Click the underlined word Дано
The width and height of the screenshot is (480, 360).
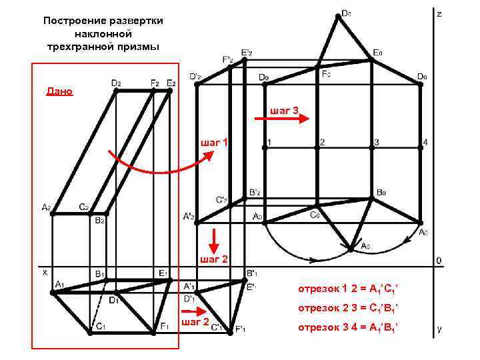coord(59,91)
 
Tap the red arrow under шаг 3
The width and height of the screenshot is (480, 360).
coord(303,120)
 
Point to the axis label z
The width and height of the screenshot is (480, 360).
coord(439,13)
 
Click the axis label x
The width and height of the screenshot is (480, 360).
coord(45,272)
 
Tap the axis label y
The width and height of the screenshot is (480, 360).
coord(439,329)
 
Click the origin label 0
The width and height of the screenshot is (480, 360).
coord(438,259)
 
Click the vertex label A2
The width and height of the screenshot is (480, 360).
coord(46,207)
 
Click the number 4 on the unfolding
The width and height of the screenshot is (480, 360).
coord(425,142)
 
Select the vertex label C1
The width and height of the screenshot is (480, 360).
coord(101,326)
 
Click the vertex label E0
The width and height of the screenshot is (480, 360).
coord(378,53)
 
